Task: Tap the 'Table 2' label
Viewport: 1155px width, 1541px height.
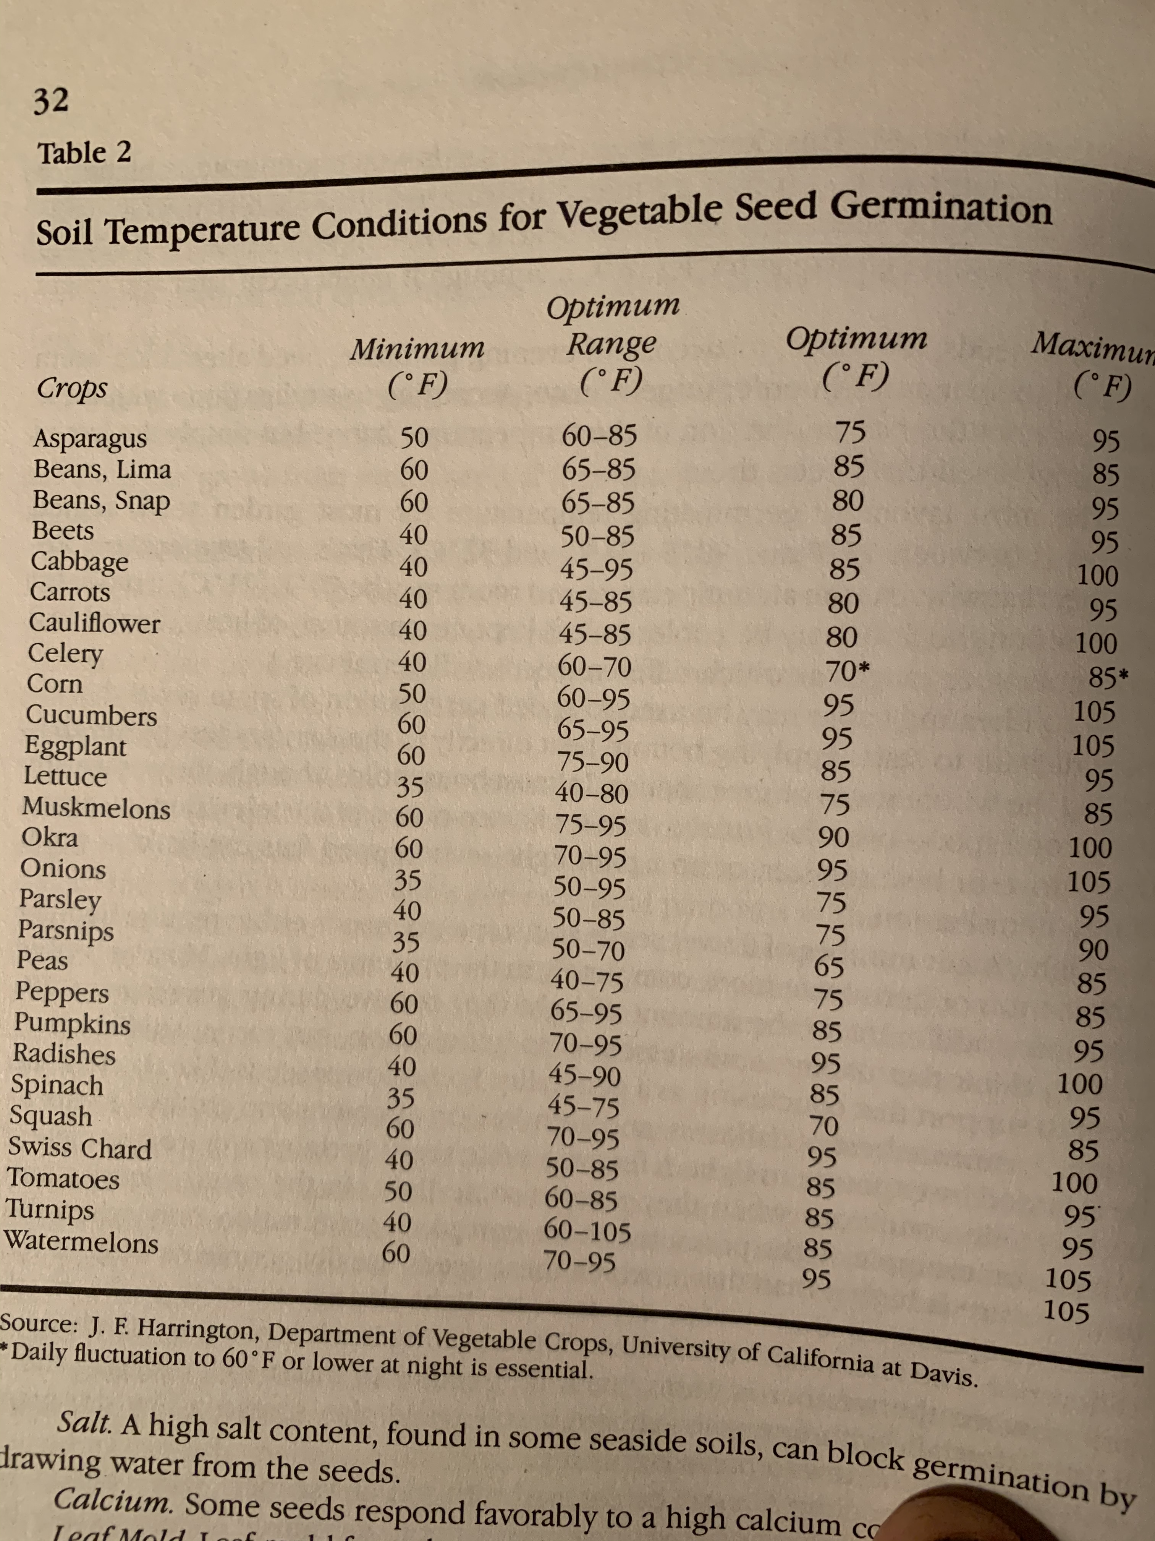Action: pos(84,152)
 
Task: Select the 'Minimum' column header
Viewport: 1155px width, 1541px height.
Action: pos(417,348)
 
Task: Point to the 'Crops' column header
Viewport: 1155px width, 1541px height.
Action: pos(73,387)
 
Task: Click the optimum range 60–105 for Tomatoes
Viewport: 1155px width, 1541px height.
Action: pos(587,1232)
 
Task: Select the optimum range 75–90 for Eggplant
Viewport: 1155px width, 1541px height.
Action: pos(593,761)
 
